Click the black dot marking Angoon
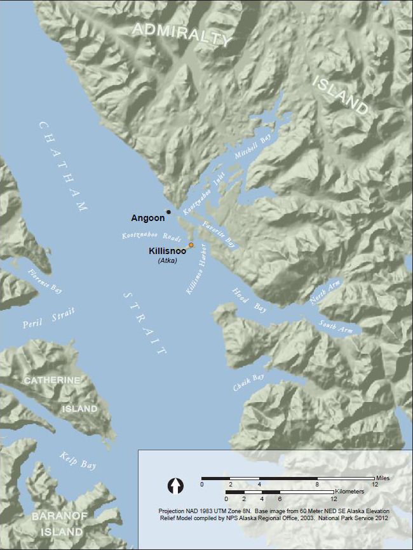pyautogui.click(x=168, y=212)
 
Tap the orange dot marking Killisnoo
pyautogui.click(x=191, y=245)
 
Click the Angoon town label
pyautogui.click(x=147, y=218)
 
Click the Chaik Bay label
pyautogui.click(x=249, y=384)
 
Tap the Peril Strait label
pyautogui.click(x=48, y=317)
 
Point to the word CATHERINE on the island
pyautogui.click(x=52, y=380)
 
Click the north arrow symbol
pyautogui.click(x=175, y=486)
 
